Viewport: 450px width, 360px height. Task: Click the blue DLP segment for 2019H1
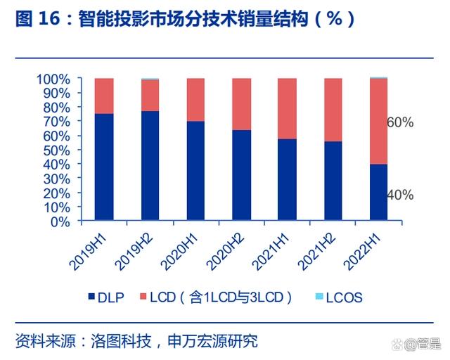click(104, 167)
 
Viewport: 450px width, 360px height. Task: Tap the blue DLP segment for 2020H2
click(241, 175)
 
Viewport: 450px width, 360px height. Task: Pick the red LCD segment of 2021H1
click(287, 108)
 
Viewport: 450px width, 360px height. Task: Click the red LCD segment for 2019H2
click(150, 96)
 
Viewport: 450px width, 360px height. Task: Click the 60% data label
click(400, 122)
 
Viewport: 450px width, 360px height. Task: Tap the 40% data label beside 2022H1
click(400, 195)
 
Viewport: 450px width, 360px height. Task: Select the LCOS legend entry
click(337, 297)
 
